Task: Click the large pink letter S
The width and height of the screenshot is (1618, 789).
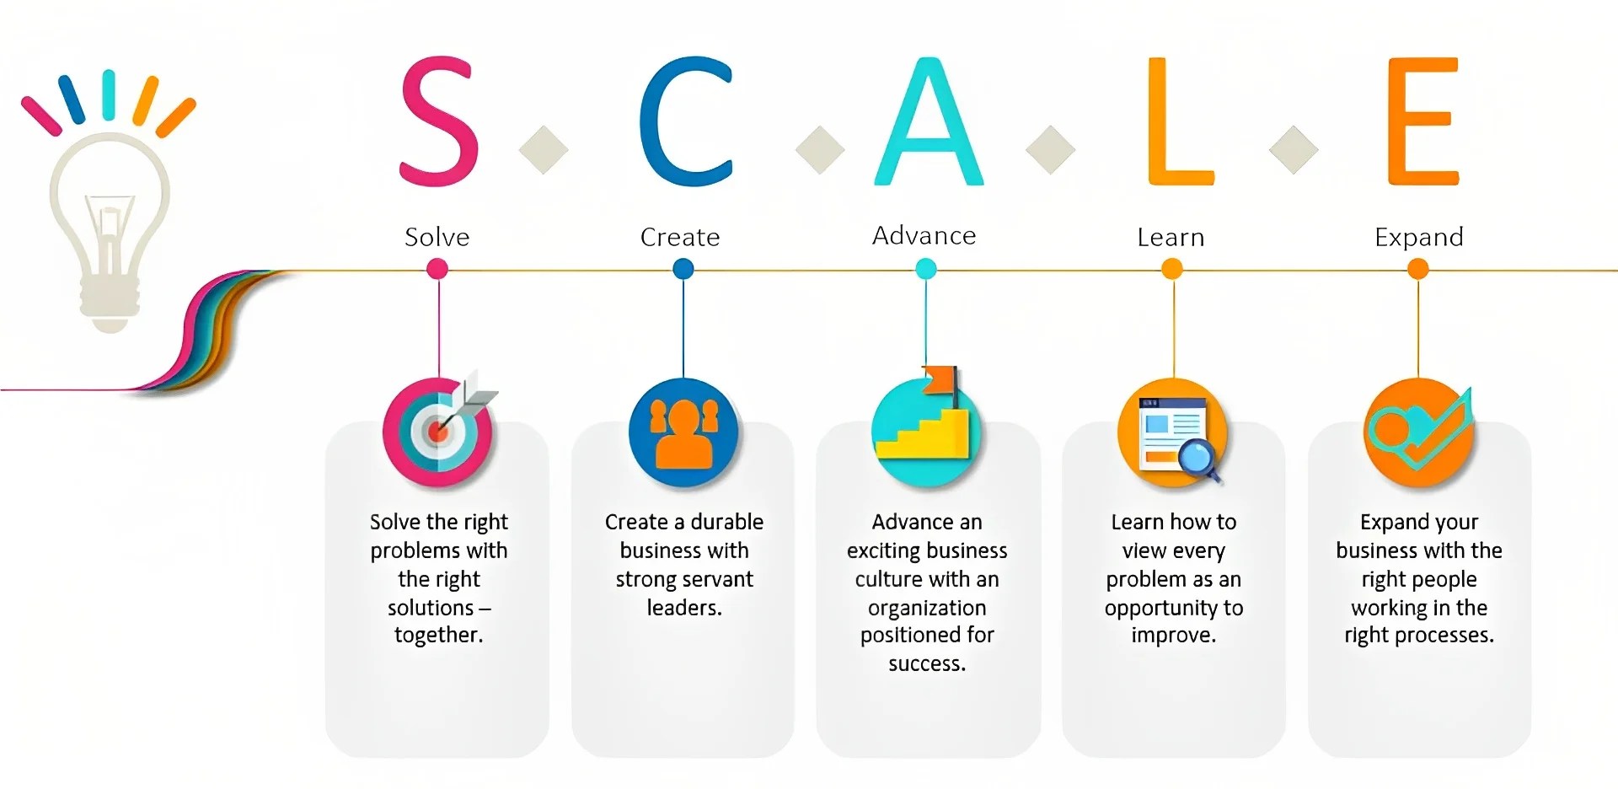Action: [438, 122]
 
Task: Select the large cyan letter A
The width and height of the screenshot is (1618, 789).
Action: [928, 122]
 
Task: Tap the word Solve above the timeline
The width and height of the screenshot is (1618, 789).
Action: [437, 237]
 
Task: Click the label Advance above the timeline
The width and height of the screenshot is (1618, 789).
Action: [924, 235]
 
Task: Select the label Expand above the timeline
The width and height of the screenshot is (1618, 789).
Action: [1418, 237]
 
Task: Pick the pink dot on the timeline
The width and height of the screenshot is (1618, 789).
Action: [437, 269]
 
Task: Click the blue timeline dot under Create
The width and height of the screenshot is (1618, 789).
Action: [683, 269]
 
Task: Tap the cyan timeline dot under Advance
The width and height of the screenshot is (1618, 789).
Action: [925, 269]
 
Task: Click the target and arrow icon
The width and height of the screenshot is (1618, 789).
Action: [438, 431]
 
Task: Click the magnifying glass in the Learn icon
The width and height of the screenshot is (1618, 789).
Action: [1196, 459]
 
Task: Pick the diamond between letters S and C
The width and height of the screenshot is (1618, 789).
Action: [544, 150]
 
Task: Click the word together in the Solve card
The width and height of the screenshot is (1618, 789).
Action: [438, 635]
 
